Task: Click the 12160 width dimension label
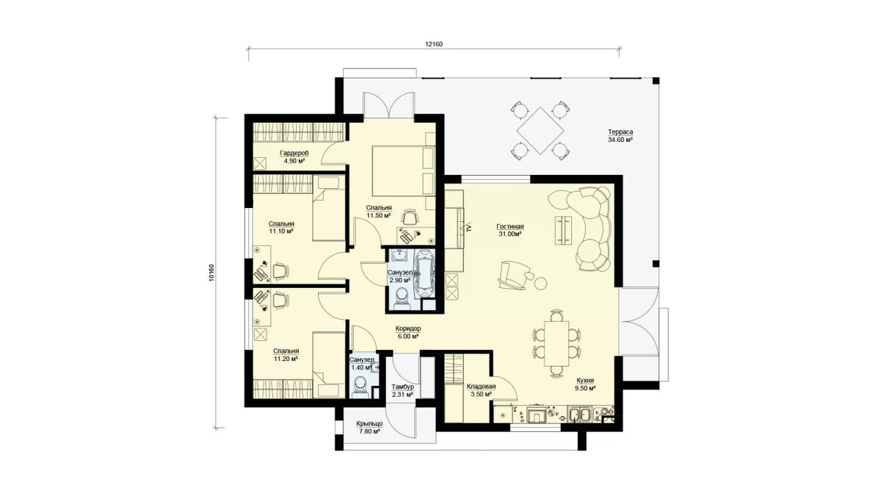coord(433,45)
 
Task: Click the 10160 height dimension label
coord(211,273)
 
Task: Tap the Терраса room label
coord(620,135)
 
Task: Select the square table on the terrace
coord(540,131)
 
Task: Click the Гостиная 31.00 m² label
coord(510,230)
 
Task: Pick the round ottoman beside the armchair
coord(541,284)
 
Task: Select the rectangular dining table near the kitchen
coord(556,343)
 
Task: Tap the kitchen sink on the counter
coord(579,414)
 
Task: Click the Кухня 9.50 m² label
coord(585,384)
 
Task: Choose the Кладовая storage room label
coord(481,390)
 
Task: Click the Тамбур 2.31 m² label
coord(403,390)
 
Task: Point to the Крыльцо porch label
coord(369,428)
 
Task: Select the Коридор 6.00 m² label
coord(408,332)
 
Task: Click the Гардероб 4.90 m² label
coord(294,157)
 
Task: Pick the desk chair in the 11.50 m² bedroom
coord(410,217)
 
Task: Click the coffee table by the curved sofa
coord(564,230)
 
